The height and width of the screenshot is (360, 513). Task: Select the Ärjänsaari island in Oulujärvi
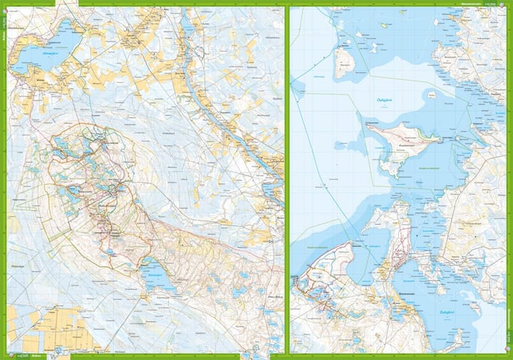tap(345, 63)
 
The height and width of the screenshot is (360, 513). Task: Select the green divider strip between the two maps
tap(286, 178)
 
